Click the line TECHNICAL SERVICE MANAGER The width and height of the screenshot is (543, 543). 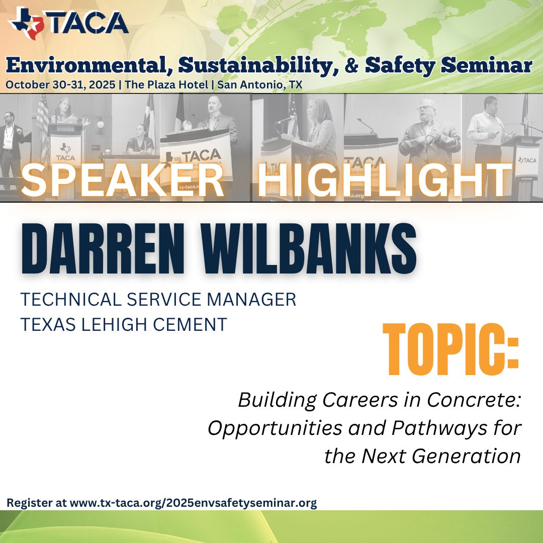(x=158, y=300)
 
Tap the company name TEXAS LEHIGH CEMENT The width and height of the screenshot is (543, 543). (x=124, y=324)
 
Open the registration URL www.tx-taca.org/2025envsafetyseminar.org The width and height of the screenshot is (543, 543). (x=193, y=503)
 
